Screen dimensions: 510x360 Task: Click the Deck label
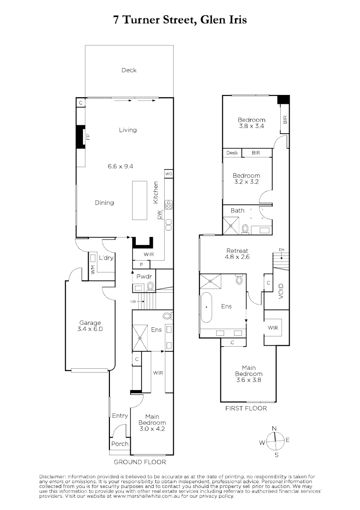[x=129, y=70]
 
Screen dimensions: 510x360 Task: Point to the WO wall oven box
[x=168, y=174]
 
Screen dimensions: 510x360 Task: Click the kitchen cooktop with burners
[x=168, y=204]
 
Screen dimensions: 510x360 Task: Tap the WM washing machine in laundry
[x=93, y=269]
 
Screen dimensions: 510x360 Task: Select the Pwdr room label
[x=143, y=275]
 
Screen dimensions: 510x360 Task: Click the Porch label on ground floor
[x=120, y=444]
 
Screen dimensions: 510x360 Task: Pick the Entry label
[x=120, y=416]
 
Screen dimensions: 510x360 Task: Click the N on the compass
[x=274, y=428]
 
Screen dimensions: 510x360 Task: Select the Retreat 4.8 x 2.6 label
[x=237, y=254]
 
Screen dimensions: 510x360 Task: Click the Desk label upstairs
[x=232, y=153]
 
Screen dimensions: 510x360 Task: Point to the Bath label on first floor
[x=237, y=210]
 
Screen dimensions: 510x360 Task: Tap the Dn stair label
[x=281, y=250]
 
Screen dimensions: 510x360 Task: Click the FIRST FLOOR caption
[x=246, y=408]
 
